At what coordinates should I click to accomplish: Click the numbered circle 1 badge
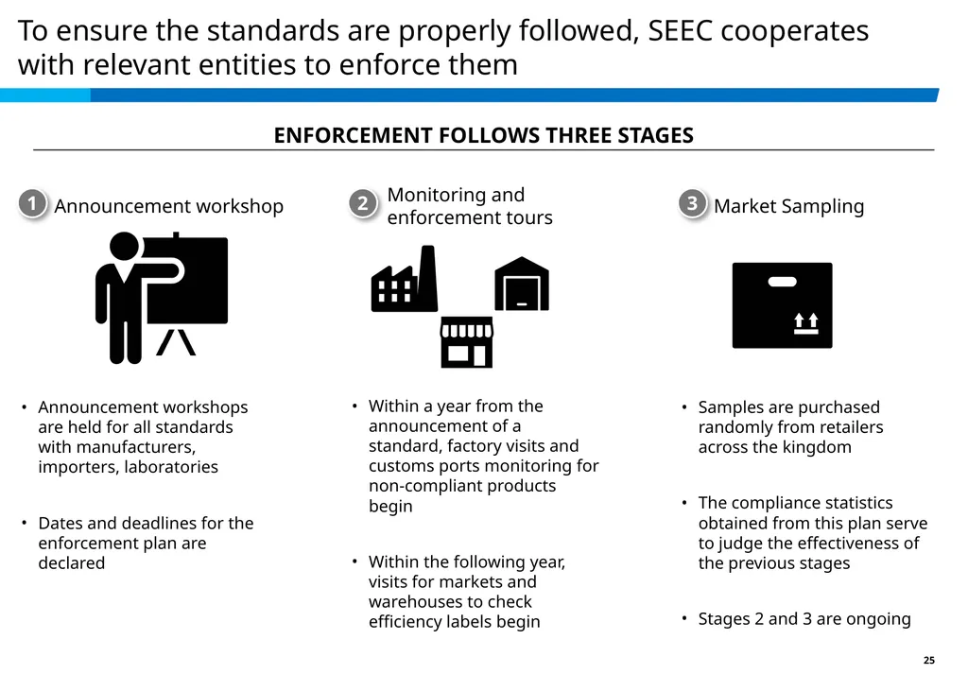point(33,203)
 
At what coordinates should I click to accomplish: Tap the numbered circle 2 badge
point(363,203)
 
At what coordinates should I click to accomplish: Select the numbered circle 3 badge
point(693,203)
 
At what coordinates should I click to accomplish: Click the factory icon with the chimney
point(405,278)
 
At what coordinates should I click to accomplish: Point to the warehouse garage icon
point(522,284)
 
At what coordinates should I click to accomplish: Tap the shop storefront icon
point(467,342)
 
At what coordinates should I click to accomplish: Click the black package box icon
point(782,305)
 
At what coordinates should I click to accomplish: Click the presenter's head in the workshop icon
point(125,247)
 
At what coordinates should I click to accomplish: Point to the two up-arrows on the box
point(806,323)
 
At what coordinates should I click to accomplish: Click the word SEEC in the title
point(681,30)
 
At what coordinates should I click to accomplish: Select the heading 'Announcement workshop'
point(169,205)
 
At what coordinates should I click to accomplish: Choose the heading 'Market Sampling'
point(789,205)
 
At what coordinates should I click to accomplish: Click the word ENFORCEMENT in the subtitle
point(354,135)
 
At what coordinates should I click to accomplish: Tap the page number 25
point(929,660)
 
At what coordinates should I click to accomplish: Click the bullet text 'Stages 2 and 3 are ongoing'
point(804,618)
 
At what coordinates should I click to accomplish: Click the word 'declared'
point(72,562)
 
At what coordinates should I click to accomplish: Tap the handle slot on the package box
point(782,282)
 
